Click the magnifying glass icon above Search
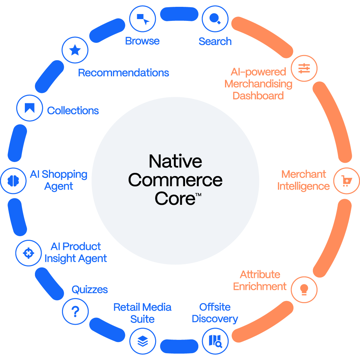click(x=215, y=19)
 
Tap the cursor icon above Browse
click(x=143, y=19)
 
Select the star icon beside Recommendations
click(x=75, y=50)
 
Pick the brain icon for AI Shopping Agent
click(x=13, y=180)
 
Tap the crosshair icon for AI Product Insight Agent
click(x=28, y=253)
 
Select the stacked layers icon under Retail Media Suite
click(x=143, y=341)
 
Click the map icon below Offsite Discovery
click(x=215, y=341)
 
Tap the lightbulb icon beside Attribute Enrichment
click(x=304, y=289)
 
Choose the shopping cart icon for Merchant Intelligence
click(x=346, y=181)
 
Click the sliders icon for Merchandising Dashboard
click(x=304, y=68)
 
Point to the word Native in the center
click(x=175, y=161)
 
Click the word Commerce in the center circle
click(x=175, y=180)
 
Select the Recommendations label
click(x=123, y=73)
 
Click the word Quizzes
click(x=90, y=289)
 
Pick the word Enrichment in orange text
click(x=260, y=287)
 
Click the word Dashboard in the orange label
click(x=258, y=96)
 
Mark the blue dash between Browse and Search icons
click(x=179, y=15)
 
